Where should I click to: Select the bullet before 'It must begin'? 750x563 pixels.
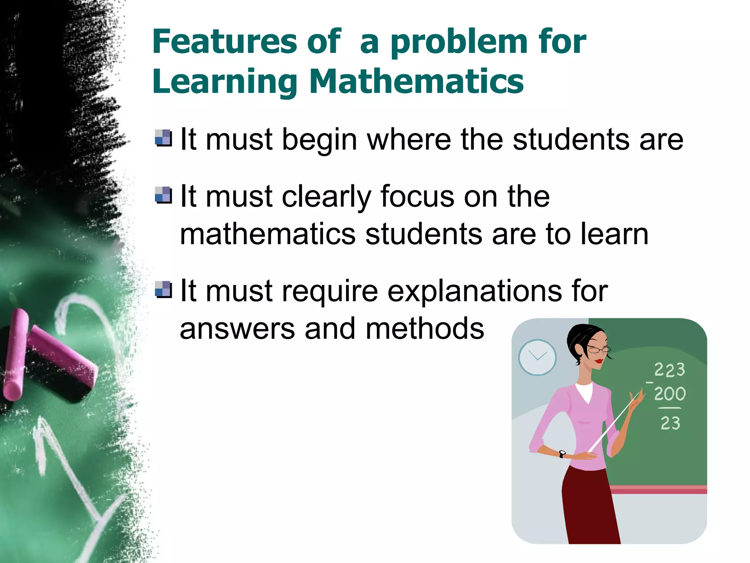(163, 138)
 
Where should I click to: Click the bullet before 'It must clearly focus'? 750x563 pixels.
(163, 195)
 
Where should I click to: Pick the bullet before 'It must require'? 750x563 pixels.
(163, 290)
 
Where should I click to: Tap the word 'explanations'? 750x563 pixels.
(474, 291)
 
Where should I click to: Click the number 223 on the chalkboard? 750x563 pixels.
(669, 369)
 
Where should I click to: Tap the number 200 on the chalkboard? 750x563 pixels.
(670, 394)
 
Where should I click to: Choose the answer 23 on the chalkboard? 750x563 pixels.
(670, 423)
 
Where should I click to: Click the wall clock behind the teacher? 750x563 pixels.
(537, 357)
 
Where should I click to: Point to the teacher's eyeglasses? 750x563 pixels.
(598, 350)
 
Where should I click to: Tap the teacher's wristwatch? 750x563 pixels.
(562, 454)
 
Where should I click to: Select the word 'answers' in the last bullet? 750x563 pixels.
(237, 329)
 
